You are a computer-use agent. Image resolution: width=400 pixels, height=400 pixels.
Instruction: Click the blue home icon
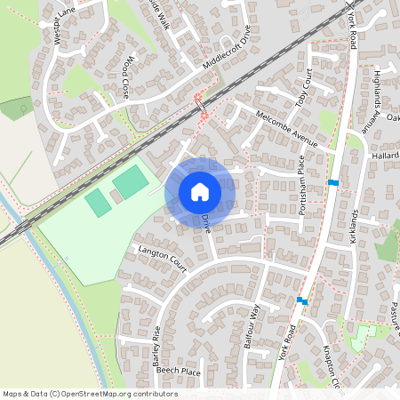coord(200,191)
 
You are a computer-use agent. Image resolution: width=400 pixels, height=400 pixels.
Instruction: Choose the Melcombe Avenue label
coord(285,128)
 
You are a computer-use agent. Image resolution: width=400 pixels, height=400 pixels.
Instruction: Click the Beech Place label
coord(179,372)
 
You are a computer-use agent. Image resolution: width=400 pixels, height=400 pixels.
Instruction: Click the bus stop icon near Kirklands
coord(333,182)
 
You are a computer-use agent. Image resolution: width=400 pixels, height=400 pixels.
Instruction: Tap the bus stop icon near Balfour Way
coord(302,301)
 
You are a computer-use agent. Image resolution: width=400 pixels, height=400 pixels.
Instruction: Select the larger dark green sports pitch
coord(130,181)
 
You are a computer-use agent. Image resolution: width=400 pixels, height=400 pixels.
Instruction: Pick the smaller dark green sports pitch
coord(98,202)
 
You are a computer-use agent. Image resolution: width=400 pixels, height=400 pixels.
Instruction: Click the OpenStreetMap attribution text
coord(90,394)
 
